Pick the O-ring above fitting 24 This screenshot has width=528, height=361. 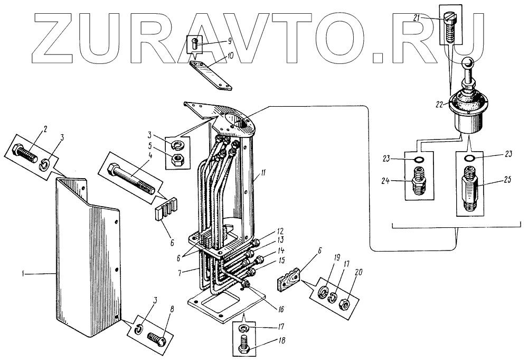418,160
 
